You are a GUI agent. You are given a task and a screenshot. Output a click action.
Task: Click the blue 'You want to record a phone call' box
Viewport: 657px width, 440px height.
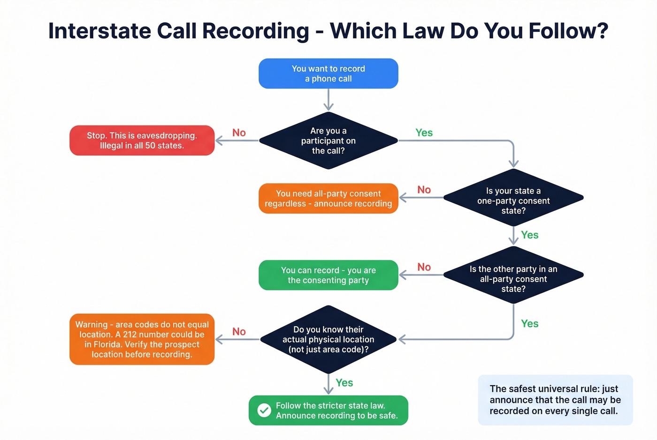(328, 74)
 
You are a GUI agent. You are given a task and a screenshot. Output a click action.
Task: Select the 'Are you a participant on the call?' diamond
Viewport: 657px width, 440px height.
(328, 141)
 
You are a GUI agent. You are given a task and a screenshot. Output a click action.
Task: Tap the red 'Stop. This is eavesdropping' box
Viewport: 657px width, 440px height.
(142, 141)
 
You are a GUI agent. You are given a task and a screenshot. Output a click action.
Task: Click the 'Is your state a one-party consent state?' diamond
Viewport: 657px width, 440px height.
(513, 201)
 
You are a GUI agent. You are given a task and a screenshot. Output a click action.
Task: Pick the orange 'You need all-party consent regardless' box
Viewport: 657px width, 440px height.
(328, 199)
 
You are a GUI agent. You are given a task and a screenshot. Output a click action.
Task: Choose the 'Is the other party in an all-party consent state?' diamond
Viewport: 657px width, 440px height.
(513, 279)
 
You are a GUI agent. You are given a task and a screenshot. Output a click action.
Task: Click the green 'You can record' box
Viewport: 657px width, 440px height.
(328, 275)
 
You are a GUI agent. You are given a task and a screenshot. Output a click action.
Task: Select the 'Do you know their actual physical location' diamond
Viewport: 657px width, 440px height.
(328, 339)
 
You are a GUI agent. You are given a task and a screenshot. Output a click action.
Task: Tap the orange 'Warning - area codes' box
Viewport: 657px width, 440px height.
(142, 339)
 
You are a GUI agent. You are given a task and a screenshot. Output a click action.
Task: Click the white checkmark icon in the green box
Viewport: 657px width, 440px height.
(264, 410)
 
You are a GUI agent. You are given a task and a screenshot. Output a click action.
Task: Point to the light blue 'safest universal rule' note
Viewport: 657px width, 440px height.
(555, 400)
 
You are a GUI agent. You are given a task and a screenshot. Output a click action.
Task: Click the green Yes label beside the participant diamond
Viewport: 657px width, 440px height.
(424, 133)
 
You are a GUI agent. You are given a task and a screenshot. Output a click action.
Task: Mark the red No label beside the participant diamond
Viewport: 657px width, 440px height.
(239, 133)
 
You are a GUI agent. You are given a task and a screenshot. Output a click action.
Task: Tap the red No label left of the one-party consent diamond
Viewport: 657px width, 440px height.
(424, 190)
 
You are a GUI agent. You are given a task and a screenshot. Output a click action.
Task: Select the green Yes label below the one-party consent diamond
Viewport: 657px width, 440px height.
(529, 235)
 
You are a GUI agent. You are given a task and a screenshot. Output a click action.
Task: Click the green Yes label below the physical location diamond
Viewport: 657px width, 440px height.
(344, 383)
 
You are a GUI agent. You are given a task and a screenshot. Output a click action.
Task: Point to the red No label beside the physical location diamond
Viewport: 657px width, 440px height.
(239, 332)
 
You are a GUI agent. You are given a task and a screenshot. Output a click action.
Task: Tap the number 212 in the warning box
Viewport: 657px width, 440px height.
(132, 335)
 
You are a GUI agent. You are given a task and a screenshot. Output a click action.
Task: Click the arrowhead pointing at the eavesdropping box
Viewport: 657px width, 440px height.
(219, 141)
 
